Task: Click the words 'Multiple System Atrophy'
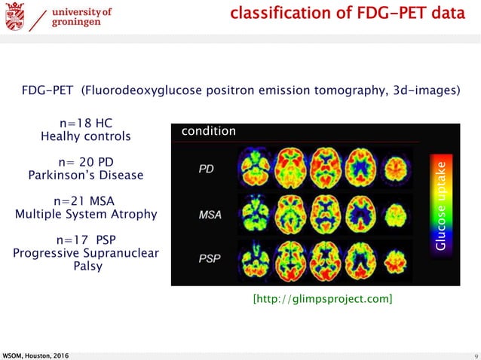tap(86, 214)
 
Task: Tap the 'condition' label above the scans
tap(208, 131)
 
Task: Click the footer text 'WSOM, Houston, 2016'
tap(38, 355)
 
